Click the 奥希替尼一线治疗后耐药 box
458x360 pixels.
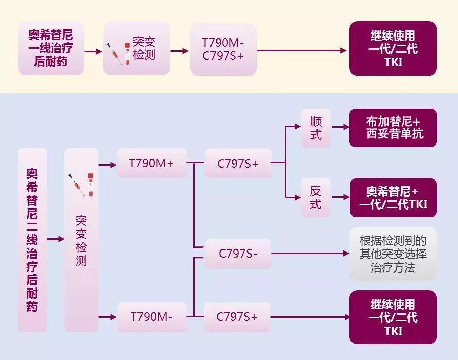50,49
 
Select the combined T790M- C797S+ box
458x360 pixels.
223,49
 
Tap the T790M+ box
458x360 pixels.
152,163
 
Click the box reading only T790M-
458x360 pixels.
152,317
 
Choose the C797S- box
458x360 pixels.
238,254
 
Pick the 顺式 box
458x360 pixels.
315,128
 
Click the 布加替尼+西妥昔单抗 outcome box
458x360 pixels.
393,128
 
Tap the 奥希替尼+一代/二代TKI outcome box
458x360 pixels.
393,198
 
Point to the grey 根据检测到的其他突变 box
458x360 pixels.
393,254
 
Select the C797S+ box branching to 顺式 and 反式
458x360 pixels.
238,163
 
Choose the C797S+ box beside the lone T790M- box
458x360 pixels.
237,317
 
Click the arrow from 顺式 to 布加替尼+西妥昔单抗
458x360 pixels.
340,127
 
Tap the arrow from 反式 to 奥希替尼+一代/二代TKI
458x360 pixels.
340,197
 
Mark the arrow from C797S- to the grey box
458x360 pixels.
309,253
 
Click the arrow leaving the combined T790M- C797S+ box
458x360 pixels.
302,51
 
